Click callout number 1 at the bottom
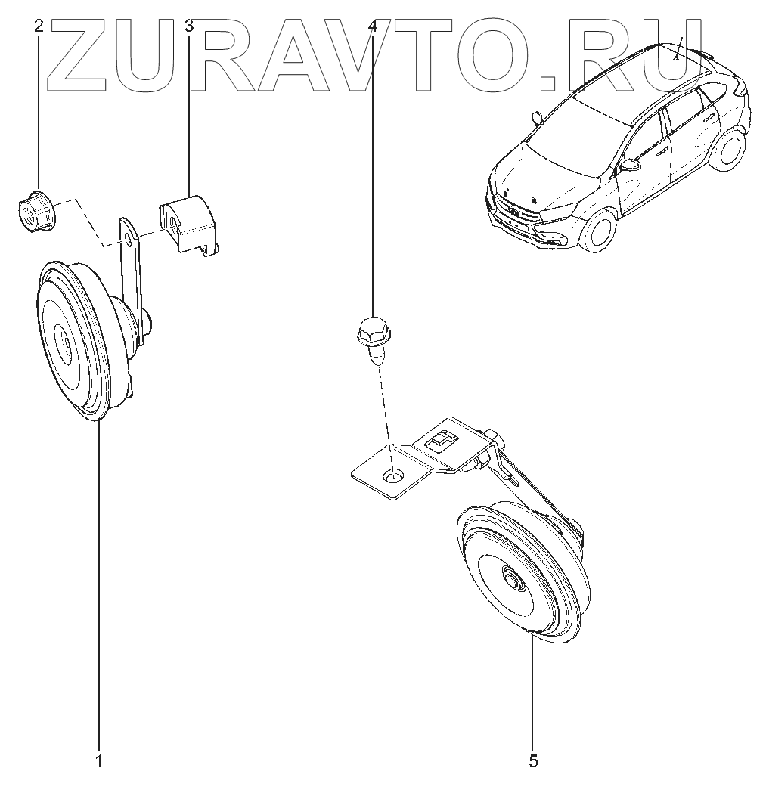click(x=98, y=760)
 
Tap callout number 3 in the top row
click(x=189, y=26)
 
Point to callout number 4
click(x=372, y=26)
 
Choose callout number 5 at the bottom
click(x=533, y=760)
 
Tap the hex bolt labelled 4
click(x=371, y=336)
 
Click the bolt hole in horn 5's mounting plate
click(x=394, y=477)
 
